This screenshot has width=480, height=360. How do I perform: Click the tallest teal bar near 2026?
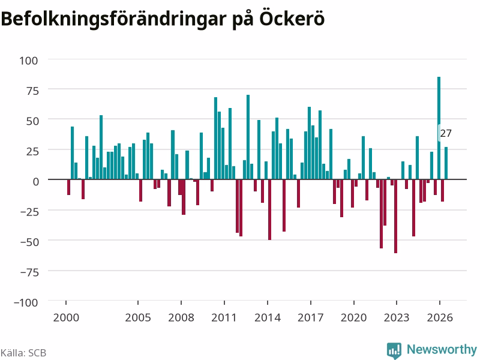(439, 128)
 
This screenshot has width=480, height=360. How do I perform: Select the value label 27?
(446, 133)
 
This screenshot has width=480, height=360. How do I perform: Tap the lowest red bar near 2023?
(395, 216)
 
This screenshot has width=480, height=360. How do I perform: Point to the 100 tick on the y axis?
(29, 61)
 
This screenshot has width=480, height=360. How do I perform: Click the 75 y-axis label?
(32, 91)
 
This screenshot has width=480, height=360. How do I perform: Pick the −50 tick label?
(29, 242)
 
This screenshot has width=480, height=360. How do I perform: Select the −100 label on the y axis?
(26, 302)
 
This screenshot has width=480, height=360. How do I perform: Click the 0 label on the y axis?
(36, 182)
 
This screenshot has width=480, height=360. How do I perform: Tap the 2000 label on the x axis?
(66, 317)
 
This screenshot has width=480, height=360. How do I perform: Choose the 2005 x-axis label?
(138, 317)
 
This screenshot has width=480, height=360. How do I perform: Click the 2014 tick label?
(268, 317)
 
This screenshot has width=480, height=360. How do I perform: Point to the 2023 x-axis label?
(397, 317)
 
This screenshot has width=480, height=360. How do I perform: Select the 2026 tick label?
(440, 317)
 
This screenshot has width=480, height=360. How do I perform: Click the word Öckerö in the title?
(292, 19)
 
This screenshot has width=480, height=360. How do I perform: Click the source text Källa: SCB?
(23, 353)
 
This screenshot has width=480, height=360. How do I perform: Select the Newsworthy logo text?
(442, 349)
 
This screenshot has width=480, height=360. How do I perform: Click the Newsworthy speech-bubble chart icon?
(394, 350)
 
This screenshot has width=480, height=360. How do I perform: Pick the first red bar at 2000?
(68, 187)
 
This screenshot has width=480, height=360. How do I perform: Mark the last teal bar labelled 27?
(446, 163)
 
